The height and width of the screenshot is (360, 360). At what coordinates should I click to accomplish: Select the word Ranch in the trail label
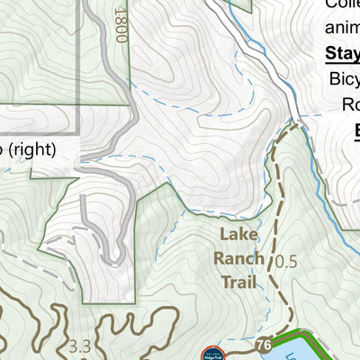click(238, 259)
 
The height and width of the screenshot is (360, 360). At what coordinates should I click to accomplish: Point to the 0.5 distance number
click(285, 263)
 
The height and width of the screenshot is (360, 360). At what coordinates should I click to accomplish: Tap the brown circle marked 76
click(263, 346)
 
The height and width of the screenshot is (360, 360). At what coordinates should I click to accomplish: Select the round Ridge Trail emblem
click(214, 353)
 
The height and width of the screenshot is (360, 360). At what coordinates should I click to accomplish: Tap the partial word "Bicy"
click(344, 79)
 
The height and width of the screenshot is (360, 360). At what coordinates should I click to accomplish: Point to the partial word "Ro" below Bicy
click(351, 105)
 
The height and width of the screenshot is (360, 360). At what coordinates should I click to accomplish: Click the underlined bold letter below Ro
click(356, 131)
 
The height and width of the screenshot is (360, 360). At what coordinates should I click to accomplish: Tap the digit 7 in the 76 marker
click(260, 346)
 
